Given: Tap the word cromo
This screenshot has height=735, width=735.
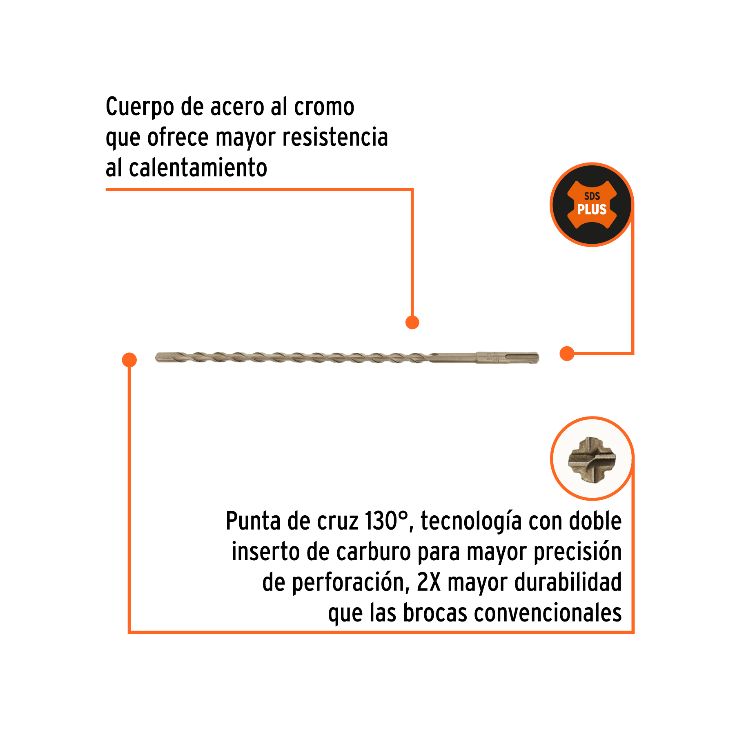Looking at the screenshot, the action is (324, 107).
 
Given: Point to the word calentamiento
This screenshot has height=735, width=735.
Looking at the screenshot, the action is (198, 168).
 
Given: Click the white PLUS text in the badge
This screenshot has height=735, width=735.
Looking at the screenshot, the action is (592, 209).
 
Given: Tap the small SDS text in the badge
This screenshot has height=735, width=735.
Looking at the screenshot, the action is (592, 196).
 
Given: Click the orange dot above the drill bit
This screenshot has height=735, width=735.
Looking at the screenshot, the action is (412, 322).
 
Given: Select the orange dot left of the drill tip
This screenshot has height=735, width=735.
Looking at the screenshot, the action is (129, 360).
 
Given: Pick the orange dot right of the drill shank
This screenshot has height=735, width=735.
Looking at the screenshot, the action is (567, 354).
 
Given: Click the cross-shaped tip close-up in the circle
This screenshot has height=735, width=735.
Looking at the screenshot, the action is (592, 460).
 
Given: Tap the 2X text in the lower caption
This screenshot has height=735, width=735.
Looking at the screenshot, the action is (429, 582).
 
